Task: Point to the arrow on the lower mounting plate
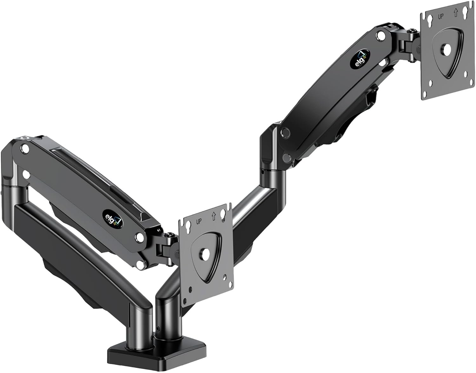(213, 216)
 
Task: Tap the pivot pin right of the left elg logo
(139, 236)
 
